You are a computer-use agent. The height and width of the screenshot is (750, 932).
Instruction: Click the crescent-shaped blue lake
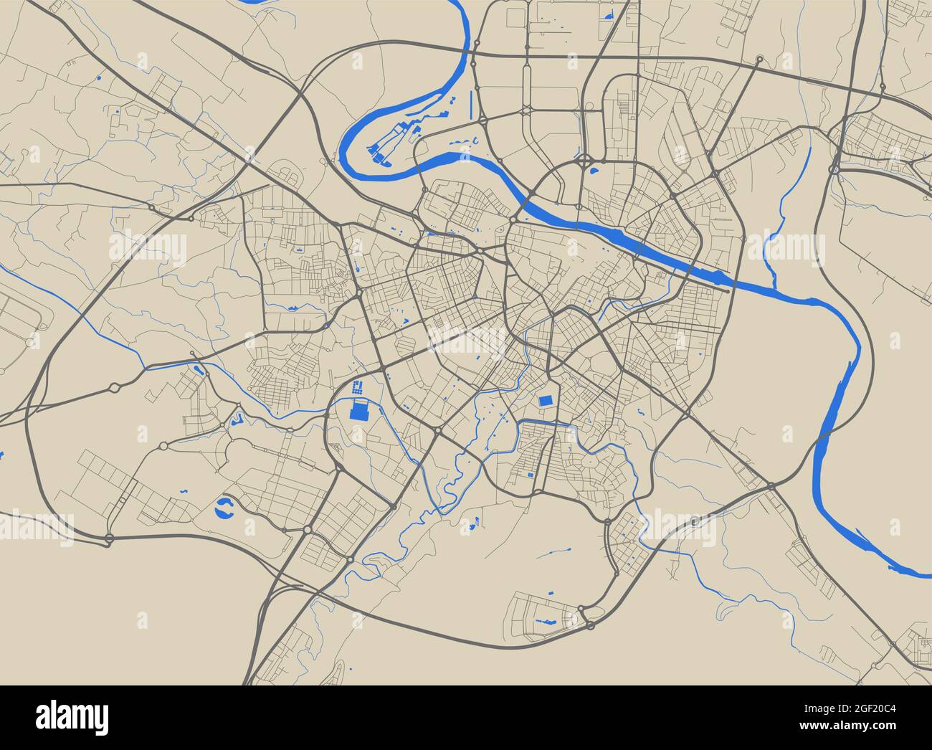click(225, 509)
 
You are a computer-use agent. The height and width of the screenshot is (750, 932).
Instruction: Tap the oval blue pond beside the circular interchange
click(594, 171)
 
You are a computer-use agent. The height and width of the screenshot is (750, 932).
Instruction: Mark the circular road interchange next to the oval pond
click(584, 158)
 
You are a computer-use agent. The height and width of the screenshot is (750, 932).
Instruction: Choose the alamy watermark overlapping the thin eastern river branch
click(785, 247)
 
